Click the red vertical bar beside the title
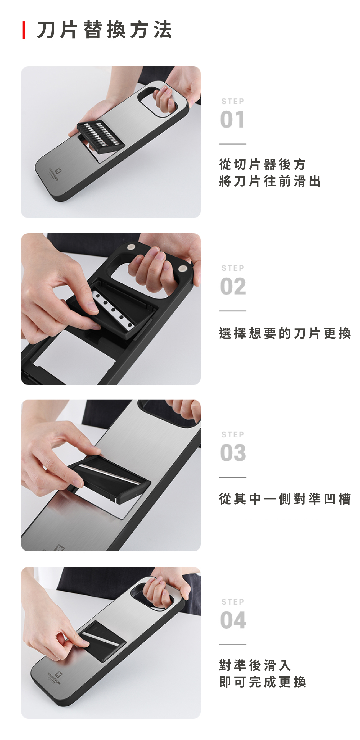tap(24, 30)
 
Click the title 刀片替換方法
tap(105, 30)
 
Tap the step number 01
tap(233, 120)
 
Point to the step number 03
tap(233, 453)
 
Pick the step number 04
tap(233, 620)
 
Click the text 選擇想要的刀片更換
tap(285, 333)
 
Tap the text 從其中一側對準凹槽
tap(285, 499)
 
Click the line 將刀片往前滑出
tap(270, 181)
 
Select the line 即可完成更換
tap(263, 682)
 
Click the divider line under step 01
tap(233, 144)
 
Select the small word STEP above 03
tap(233, 435)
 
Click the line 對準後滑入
tap(255, 665)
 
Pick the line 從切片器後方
tap(263, 164)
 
